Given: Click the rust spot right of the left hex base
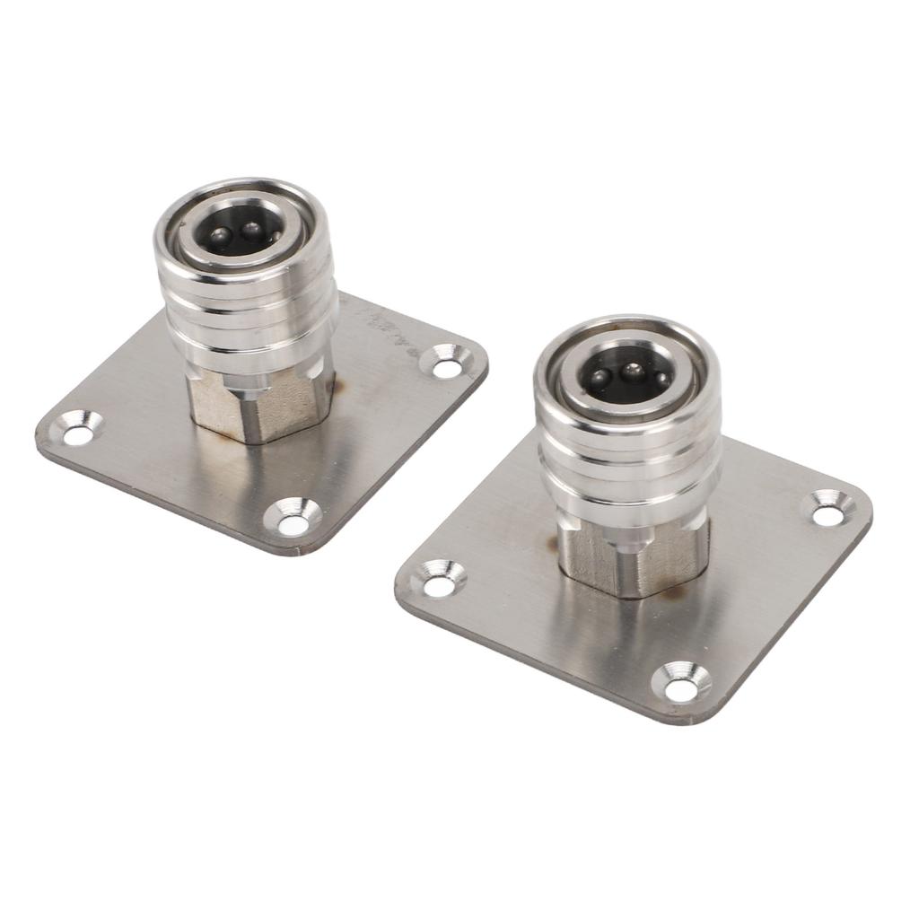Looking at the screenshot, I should click(339, 388).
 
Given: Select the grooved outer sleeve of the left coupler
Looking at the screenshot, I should click(247, 310).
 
